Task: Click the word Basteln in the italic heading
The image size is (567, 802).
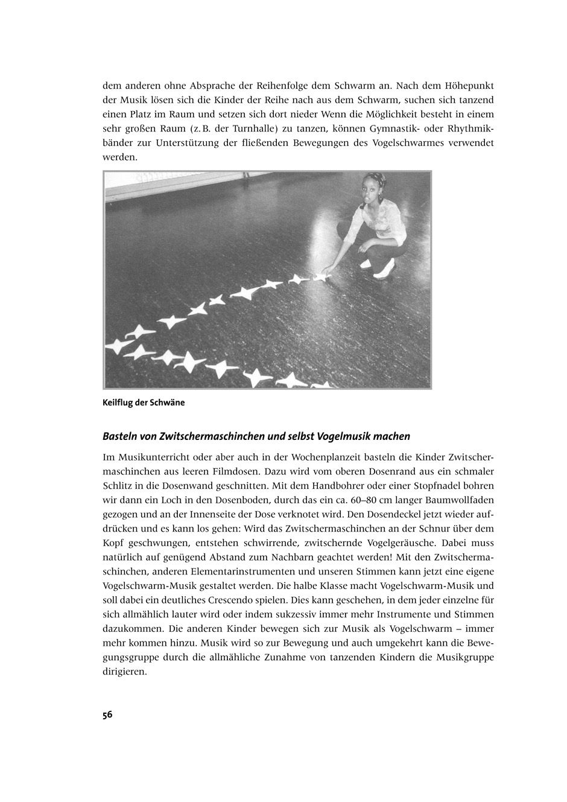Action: (119, 436)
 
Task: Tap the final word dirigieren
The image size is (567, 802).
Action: (124, 672)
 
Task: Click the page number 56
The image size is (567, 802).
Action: (107, 715)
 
